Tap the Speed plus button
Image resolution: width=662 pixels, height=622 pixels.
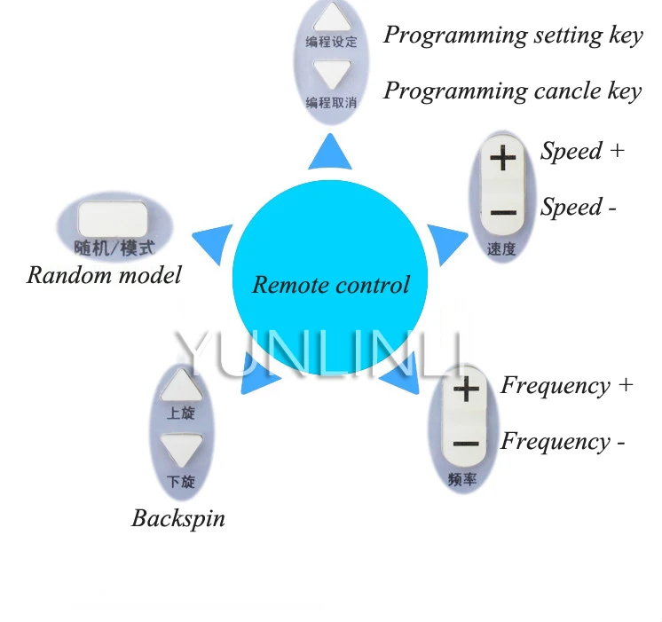[502, 160]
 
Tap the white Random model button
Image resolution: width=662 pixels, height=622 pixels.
[112, 217]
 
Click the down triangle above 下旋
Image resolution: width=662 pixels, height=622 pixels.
[182, 449]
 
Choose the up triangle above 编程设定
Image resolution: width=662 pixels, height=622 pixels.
[331, 17]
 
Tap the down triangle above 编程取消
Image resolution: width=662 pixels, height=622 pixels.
[331, 75]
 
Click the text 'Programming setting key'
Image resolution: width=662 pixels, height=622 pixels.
[512, 35]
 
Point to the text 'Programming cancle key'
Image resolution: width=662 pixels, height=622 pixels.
[512, 91]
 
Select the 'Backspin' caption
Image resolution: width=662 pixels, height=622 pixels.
[178, 518]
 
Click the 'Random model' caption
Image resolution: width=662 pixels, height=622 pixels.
[104, 274]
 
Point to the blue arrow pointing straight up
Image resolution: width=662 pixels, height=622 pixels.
[330, 153]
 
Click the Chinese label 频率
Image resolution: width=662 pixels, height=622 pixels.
[463, 480]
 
